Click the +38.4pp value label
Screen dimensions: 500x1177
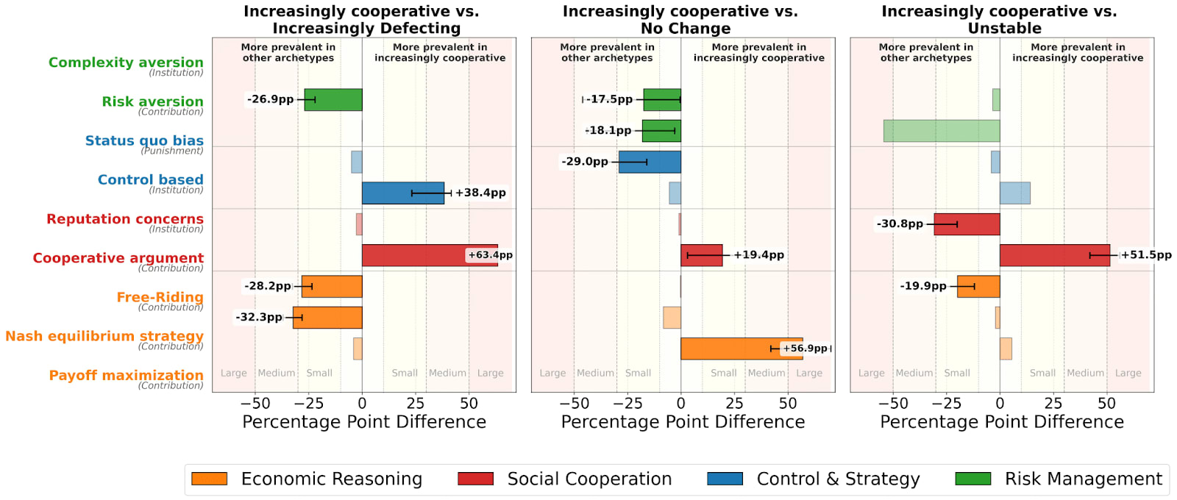pos(480,193)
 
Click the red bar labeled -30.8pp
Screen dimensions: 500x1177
pos(967,224)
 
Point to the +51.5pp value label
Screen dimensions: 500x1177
pos(1146,255)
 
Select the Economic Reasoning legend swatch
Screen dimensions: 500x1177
pos(209,479)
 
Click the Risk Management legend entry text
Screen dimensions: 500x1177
pos(1083,479)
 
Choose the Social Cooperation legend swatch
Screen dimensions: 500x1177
pos(475,479)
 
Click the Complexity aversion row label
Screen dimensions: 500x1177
pos(126,63)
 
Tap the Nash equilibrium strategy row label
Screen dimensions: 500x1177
pos(104,336)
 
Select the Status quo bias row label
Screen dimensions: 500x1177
pos(144,140)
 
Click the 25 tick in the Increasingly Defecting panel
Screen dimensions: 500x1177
pos(416,403)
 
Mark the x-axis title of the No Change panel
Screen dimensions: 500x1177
pos(683,422)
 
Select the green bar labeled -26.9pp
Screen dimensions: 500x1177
pos(333,100)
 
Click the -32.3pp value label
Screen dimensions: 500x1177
pos(259,317)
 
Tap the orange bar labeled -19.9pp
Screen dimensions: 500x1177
pos(978,286)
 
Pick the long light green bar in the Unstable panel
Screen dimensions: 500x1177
pos(942,131)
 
